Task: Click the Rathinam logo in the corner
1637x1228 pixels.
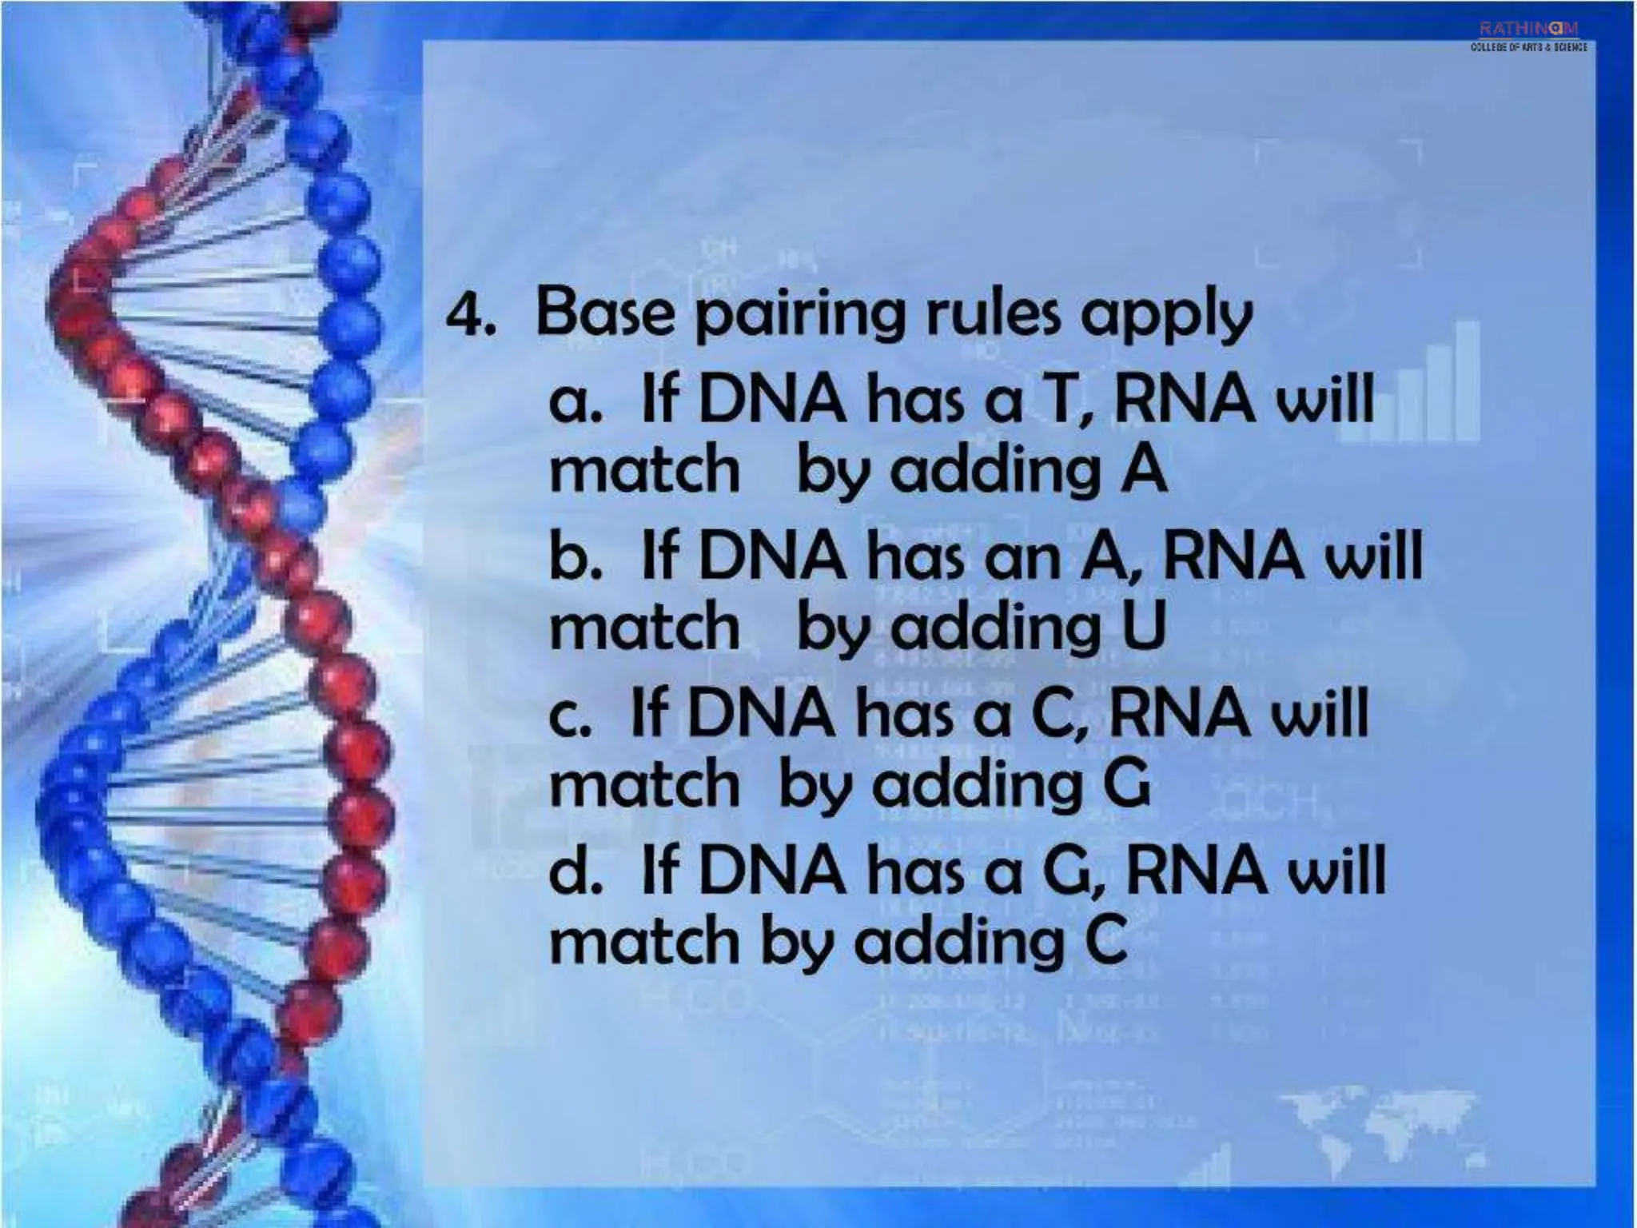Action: click(1528, 36)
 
